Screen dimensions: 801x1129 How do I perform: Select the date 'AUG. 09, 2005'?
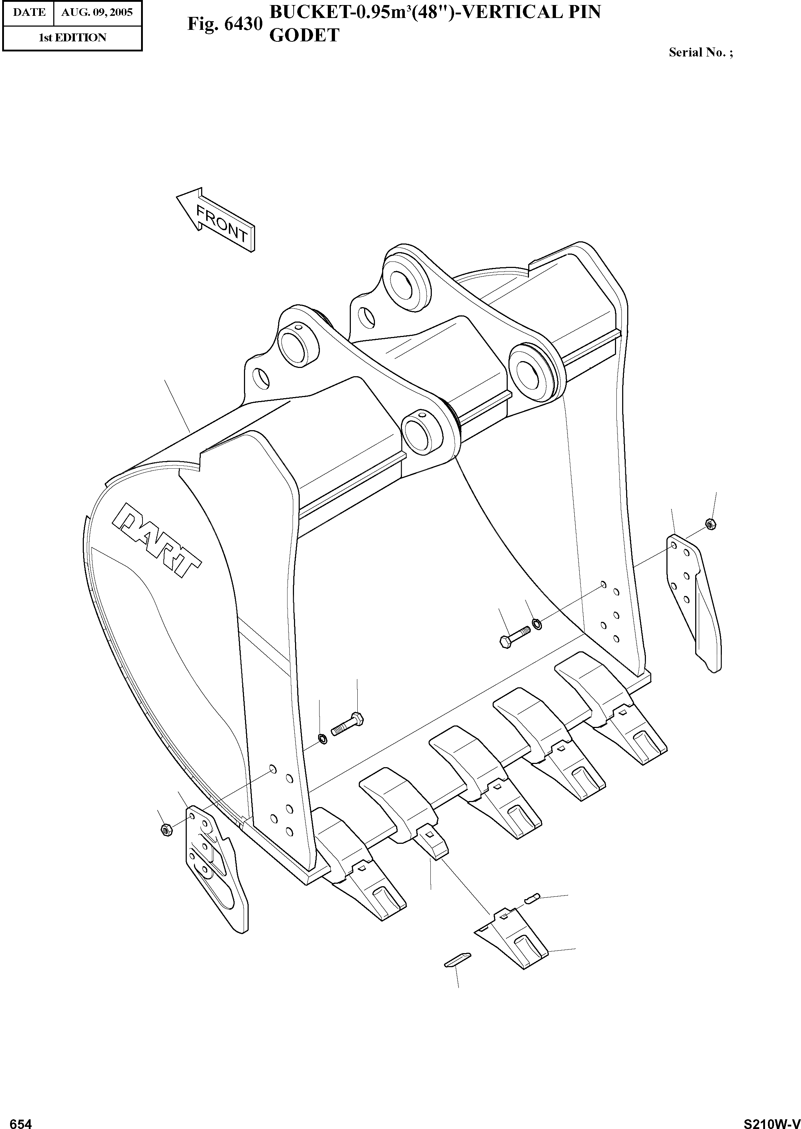(x=97, y=12)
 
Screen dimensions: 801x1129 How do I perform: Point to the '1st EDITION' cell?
(x=72, y=37)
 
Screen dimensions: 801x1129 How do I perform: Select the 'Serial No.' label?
(x=700, y=52)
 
